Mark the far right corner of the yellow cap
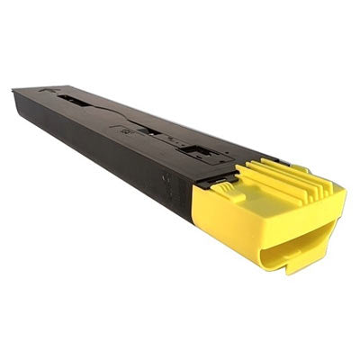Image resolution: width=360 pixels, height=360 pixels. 345,192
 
